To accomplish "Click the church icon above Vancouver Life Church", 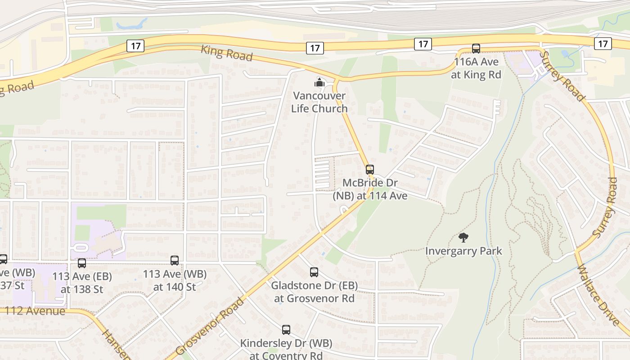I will pyautogui.click(x=319, y=82).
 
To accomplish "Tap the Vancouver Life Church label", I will pyautogui.click(x=319, y=102).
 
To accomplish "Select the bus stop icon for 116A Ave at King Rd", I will pyautogui.click(x=476, y=49).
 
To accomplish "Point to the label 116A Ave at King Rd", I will pyautogui.click(x=476, y=68).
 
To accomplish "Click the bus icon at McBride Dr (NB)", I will pyautogui.click(x=370, y=170).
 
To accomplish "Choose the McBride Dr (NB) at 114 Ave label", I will pyautogui.click(x=370, y=189).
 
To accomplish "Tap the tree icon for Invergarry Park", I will pyautogui.click(x=463, y=237).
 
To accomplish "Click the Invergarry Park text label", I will pyautogui.click(x=463, y=251).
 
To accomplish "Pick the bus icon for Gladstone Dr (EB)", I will pyautogui.click(x=314, y=272).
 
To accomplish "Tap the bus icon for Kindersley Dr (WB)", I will pyautogui.click(x=286, y=330).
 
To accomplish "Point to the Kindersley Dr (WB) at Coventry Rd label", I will pyautogui.click(x=286, y=349).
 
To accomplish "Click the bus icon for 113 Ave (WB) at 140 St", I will pyautogui.click(x=175, y=260).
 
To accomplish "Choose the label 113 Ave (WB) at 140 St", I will pyautogui.click(x=175, y=280).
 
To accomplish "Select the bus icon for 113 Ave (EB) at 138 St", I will pyautogui.click(x=82, y=263).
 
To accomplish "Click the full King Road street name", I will pyautogui.click(x=227, y=53).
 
